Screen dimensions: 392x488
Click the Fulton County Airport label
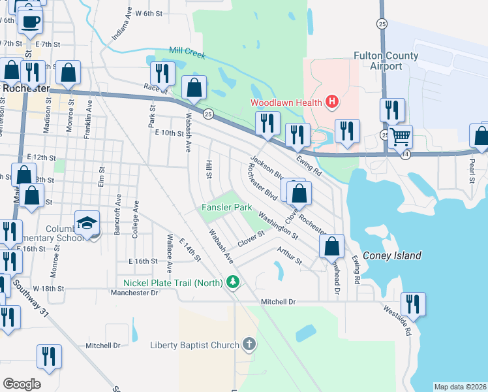tap(386, 61)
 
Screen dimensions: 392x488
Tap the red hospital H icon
tap(332, 102)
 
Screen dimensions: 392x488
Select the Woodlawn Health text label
tap(287, 103)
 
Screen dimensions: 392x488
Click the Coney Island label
tap(391, 255)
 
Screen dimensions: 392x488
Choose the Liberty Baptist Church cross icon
tap(249, 344)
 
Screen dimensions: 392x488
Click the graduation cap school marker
tap(87, 223)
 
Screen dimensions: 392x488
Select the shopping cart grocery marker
tap(402, 137)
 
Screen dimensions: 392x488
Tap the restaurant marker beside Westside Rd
tap(413, 304)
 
